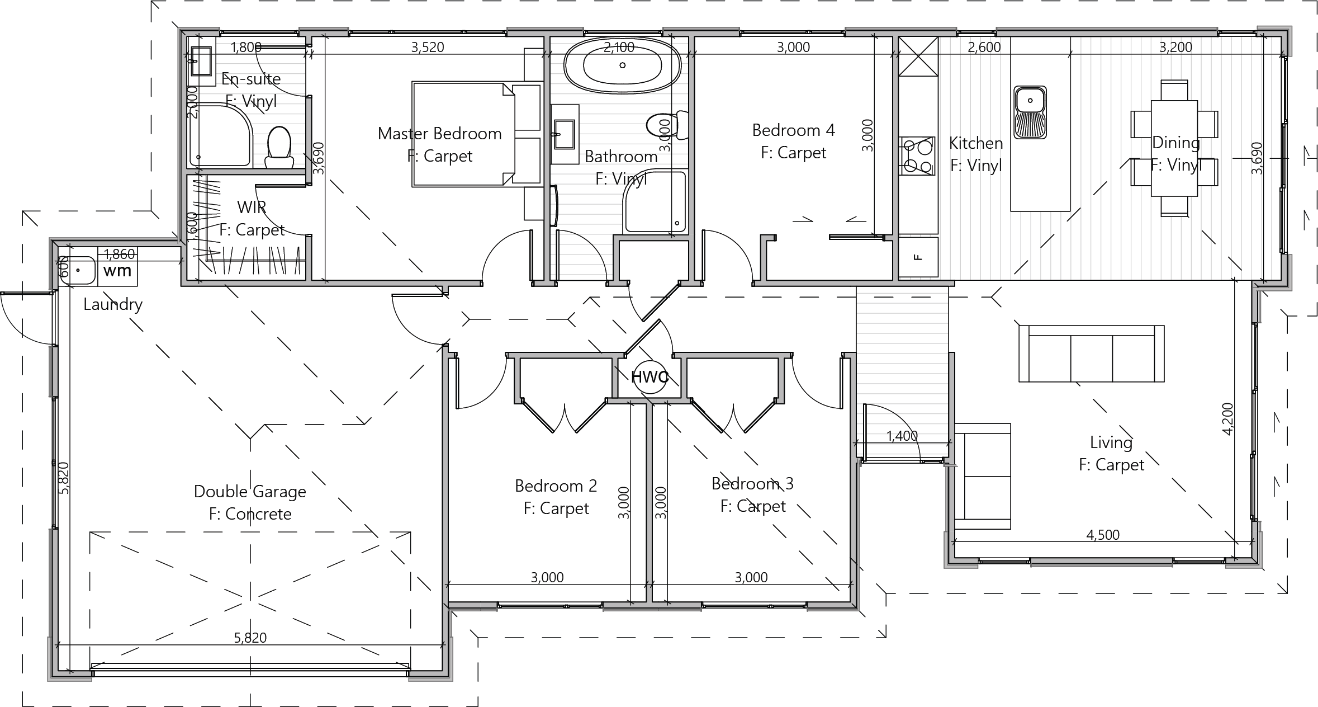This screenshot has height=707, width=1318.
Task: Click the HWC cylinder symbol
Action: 649,376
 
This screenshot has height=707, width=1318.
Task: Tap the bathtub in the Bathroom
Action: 623,65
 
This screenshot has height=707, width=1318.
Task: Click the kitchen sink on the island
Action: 1030,112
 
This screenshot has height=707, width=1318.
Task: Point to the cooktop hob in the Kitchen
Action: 917,156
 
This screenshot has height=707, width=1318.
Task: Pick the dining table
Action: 1174,148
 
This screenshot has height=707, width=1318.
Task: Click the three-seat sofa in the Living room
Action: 1091,353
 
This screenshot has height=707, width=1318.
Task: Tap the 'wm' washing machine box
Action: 118,271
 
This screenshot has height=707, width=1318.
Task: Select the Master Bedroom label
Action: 440,133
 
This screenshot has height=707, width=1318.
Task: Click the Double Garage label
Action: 250,491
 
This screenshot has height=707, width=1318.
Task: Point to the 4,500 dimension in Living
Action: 1103,535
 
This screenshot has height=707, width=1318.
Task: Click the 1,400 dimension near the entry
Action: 902,435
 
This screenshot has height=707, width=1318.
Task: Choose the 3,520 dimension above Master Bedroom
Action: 428,47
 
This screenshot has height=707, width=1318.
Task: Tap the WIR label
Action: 252,207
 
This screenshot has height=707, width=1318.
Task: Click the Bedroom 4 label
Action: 793,130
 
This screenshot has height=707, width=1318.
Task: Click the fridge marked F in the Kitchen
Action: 918,257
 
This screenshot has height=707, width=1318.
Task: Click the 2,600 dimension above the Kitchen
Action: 984,47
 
